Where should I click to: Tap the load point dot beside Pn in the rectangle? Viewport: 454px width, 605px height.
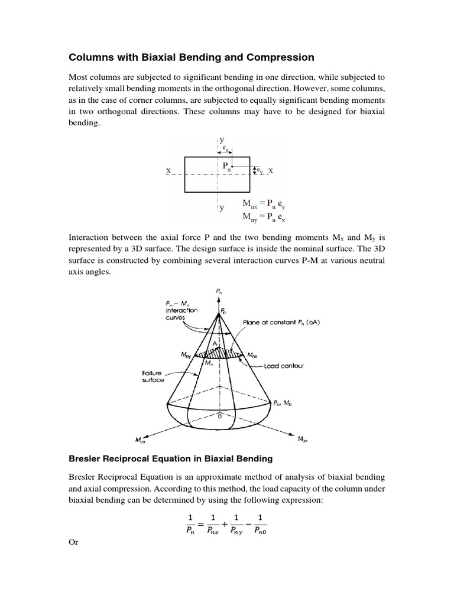point(233,167)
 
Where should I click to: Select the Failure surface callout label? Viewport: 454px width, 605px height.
point(153,377)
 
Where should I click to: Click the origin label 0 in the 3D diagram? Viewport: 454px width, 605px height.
point(219,416)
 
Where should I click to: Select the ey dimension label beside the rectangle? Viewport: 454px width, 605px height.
point(259,170)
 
